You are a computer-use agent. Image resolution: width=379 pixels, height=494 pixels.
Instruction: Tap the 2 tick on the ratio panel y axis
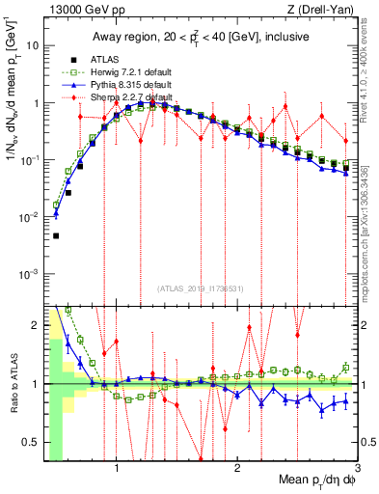click(x=37, y=325)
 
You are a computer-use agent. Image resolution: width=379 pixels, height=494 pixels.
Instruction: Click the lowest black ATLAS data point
click(x=56, y=235)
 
